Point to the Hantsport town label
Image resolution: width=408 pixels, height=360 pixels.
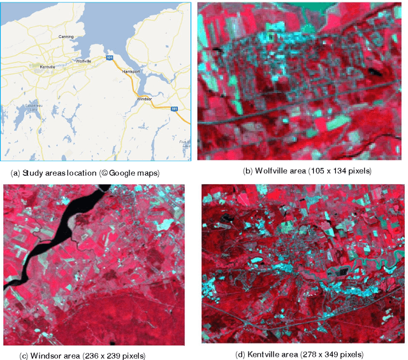(131, 71)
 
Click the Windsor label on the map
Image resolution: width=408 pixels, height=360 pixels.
(145, 99)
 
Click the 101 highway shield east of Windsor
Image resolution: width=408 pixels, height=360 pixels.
(174, 109)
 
